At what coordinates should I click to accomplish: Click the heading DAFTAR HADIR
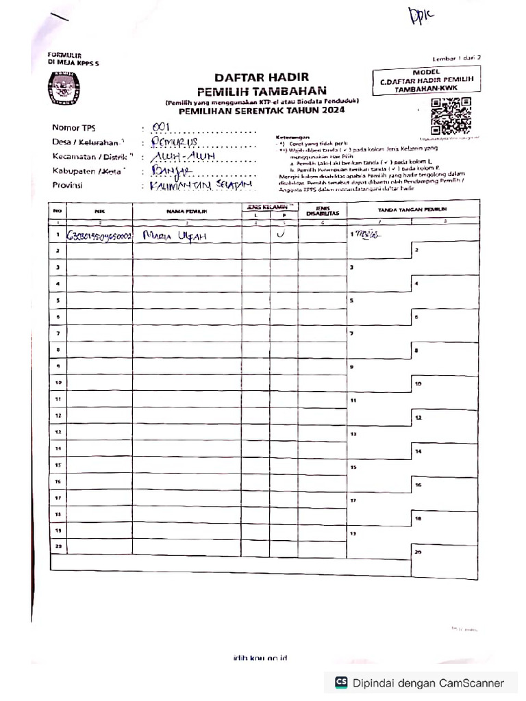click(x=262, y=77)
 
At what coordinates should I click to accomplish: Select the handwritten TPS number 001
click(x=160, y=128)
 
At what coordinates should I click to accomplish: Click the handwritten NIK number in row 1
click(x=99, y=236)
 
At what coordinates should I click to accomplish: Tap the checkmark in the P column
click(x=282, y=234)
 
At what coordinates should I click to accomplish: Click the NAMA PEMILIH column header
click(x=186, y=212)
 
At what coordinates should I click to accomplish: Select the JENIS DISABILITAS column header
click(x=322, y=210)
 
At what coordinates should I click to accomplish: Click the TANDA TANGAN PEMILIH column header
click(x=412, y=208)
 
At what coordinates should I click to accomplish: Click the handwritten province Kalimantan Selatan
click(x=192, y=186)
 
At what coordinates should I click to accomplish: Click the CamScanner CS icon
click(x=340, y=682)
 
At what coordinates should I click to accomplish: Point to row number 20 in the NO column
click(x=58, y=546)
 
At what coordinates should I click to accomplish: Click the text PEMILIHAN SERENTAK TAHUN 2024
click(x=262, y=110)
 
